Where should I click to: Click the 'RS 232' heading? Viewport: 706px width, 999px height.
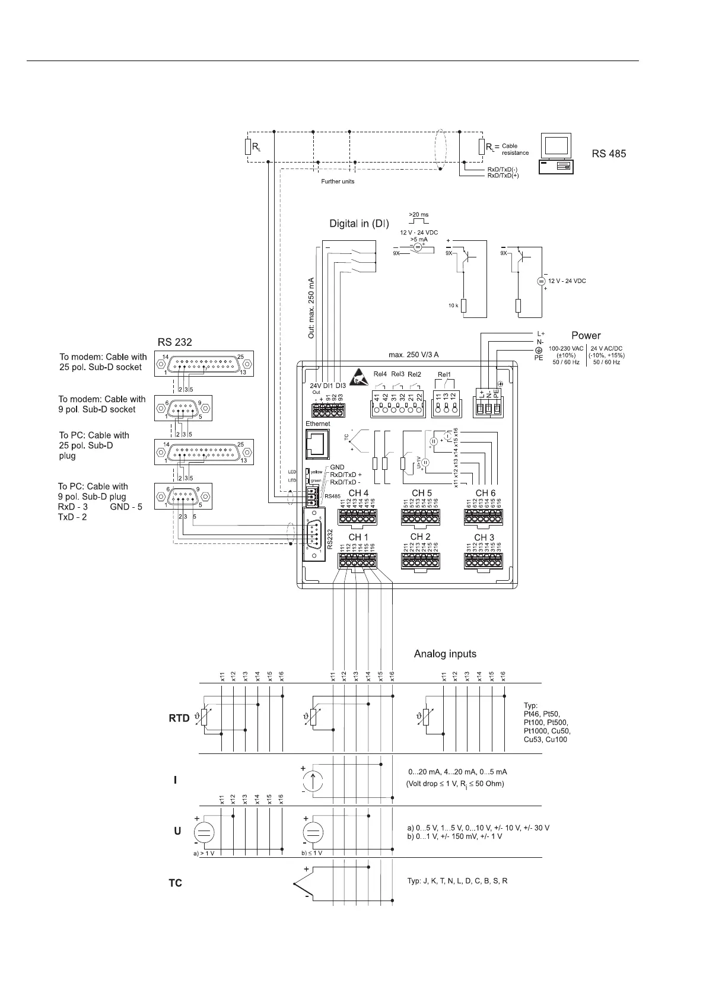pos(174,342)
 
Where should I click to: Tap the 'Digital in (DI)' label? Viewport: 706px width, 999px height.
pos(359,224)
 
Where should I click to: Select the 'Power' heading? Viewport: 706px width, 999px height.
pos(586,336)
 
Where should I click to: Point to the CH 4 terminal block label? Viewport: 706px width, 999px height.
pos(358,494)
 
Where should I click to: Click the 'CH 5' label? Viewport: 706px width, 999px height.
pos(421,493)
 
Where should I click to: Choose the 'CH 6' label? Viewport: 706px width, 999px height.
pos(485,493)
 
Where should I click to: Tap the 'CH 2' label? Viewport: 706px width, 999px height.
pos(420,537)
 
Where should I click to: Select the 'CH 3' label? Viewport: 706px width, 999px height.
pos(484,537)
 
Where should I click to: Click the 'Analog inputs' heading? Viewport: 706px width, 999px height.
pos(445,654)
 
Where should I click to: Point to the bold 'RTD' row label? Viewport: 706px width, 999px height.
pos(179,718)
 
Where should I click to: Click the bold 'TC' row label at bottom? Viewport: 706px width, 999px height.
pos(175,883)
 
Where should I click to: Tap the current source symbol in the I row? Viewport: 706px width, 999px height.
pos(313,780)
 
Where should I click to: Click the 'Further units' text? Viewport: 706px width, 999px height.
pos(338,182)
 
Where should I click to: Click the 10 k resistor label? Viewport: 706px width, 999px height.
pos(453,306)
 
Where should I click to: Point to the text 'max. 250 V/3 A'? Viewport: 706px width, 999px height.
pos(414,355)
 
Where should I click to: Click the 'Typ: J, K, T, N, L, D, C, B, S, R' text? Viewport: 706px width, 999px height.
pos(457,881)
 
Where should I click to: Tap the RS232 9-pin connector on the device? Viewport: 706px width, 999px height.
pos(313,535)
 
